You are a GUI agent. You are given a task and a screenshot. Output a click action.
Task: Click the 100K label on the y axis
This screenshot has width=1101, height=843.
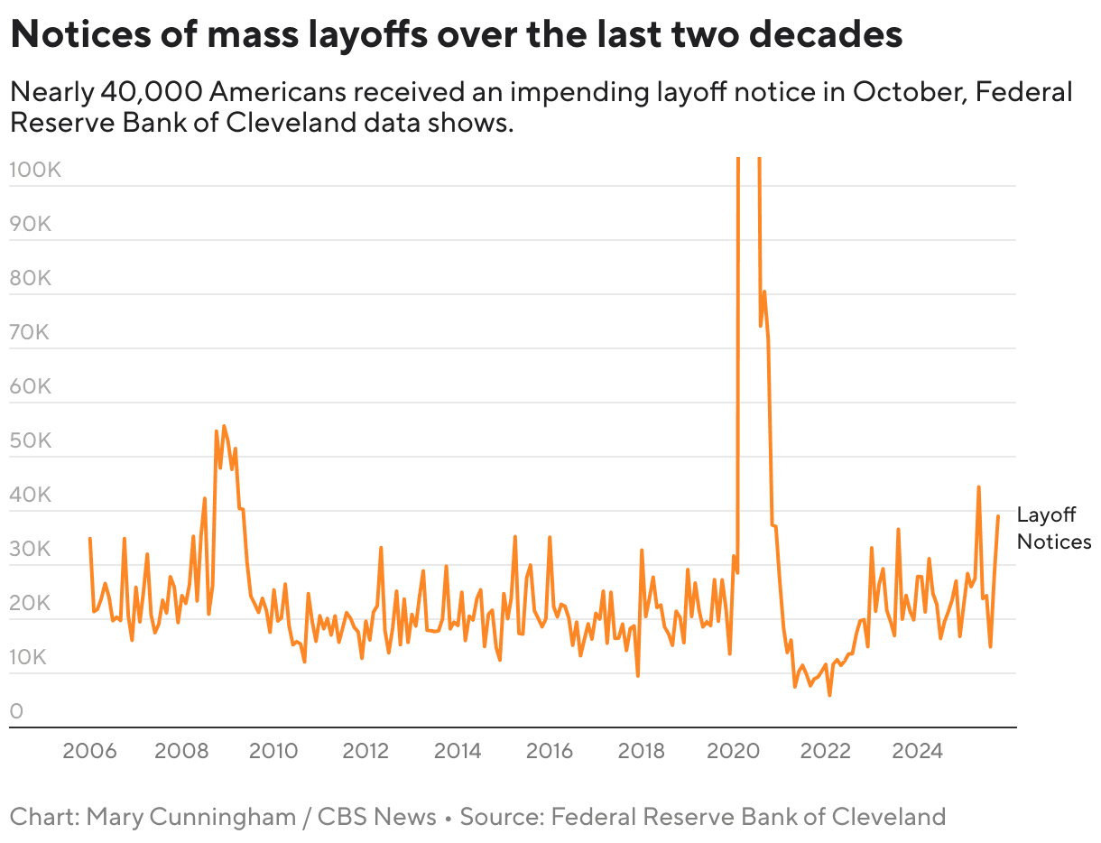pos(35,170)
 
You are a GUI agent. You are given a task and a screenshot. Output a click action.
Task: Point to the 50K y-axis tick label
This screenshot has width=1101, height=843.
pos(30,441)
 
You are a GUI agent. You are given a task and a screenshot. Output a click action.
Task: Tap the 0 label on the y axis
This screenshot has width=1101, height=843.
pos(16,712)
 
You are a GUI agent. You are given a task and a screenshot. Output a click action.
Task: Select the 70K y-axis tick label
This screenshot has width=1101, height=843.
pos(30,332)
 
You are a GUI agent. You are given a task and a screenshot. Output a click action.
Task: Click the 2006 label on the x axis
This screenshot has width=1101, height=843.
pos(89,751)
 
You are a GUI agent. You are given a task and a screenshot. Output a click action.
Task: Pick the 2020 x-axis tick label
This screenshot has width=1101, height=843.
pos(734,751)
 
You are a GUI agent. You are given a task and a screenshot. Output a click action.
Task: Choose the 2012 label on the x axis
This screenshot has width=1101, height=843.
pos(365,751)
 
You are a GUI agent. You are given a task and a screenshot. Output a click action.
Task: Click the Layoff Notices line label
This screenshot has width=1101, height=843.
pos(1053,528)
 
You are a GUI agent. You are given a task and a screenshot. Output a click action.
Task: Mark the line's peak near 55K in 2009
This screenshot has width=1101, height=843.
pos(224,426)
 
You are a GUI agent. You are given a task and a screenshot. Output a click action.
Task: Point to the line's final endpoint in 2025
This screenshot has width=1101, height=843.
pos(998,516)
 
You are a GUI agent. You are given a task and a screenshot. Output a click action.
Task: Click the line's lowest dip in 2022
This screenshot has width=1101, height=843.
pos(829,695)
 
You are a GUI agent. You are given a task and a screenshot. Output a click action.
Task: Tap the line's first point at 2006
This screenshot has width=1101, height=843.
pos(89,538)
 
